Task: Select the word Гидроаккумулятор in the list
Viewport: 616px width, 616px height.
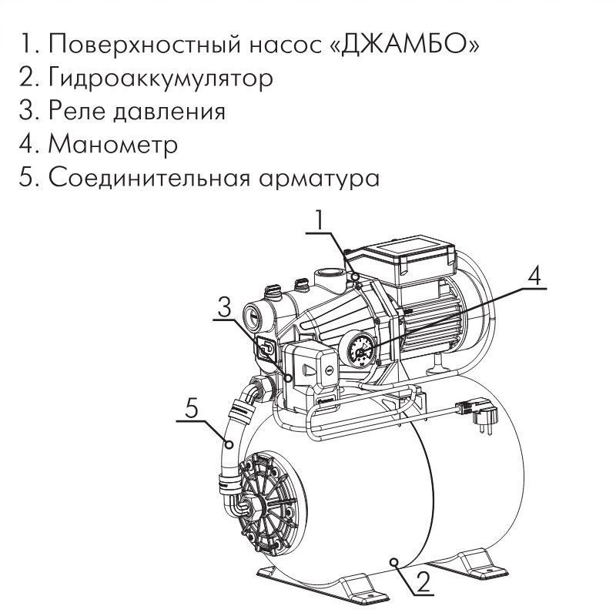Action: click(x=161, y=78)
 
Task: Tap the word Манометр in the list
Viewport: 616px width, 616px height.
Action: click(x=113, y=145)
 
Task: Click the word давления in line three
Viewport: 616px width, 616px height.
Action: click(x=169, y=111)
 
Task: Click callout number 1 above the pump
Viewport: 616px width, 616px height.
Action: click(x=320, y=220)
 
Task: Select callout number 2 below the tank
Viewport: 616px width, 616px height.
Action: click(x=423, y=581)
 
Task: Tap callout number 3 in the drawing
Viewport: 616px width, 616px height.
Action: click(x=225, y=307)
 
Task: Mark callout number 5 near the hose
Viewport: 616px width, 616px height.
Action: click(x=191, y=409)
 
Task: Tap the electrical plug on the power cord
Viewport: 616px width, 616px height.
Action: click(x=477, y=414)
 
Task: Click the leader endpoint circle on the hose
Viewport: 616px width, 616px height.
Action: click(x=229, y=445)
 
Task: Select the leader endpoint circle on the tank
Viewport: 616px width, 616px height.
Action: click(x=394, y=562)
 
